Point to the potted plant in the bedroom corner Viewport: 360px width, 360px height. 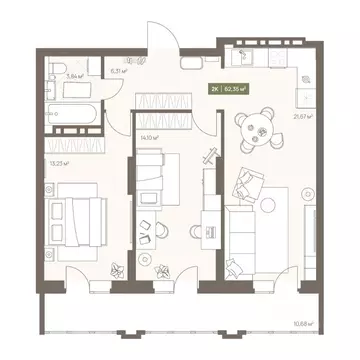click(x=120, y=267)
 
